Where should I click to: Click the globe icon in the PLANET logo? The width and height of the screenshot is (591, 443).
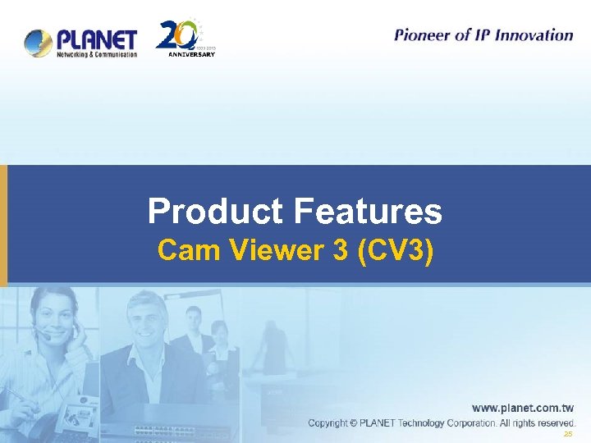click(x=39, y=43)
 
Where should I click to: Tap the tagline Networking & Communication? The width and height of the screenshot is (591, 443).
click(x=96, y=55)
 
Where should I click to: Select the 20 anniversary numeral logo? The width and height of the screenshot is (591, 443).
click(x=176, y=35)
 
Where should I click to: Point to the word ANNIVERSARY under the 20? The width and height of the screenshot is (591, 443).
click(x=191, y=55)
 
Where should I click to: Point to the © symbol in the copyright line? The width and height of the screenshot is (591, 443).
click(x=353, y=423)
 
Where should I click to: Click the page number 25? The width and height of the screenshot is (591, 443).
click(x=567, y=434)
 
